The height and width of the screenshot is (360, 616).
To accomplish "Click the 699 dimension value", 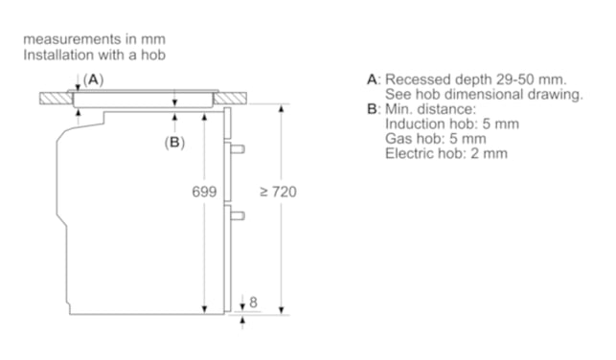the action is click(x=204, y=191).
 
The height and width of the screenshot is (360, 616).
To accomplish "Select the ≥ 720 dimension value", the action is click(x=278, y=191).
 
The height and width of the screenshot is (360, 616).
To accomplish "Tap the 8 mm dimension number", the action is click(x=253, y=302).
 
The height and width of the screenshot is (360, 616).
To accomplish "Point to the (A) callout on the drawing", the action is click(x=93, y=79).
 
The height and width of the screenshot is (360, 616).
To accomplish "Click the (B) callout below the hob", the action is click(x=174, y=142).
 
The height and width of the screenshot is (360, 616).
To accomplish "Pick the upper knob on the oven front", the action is click(x=238, y=148).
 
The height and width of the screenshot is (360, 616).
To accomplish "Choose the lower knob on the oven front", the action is click(x=238, y=215).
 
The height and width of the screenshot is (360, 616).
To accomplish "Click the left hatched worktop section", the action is click(x=57, y=99).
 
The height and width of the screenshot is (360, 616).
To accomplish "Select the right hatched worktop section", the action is click(x=230, y=99).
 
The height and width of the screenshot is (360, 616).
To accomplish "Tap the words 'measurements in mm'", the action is click(x=94, y=39).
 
